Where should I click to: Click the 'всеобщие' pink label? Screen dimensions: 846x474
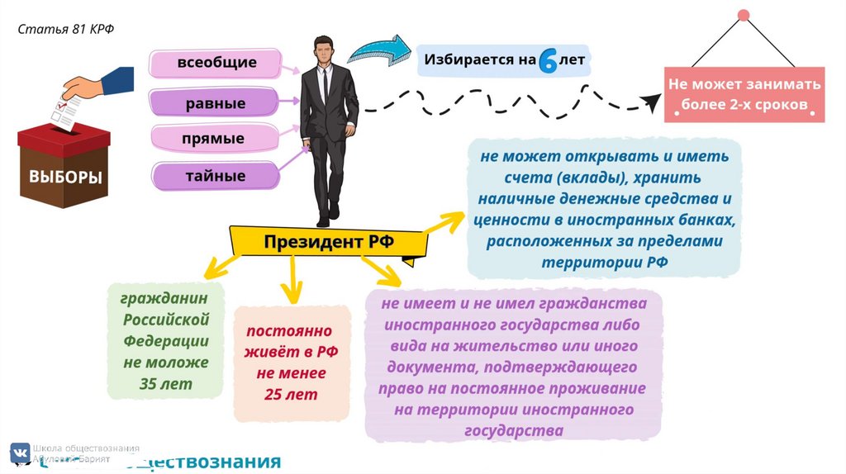216,63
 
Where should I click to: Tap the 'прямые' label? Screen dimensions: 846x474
213,139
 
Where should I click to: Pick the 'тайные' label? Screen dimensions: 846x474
215,176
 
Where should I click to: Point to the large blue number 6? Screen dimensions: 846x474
547,61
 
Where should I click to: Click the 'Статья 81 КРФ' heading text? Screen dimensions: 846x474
66,30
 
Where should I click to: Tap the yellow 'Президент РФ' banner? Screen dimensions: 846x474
328,242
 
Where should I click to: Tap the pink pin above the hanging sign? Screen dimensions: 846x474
743,15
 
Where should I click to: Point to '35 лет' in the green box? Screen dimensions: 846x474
166,384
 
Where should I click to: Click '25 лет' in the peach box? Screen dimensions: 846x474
285,394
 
